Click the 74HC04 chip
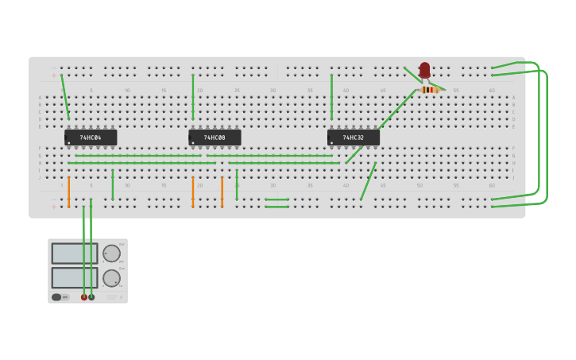pyautogui.click(x=91, y=137)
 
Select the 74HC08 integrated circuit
pyautogui.click(x=215, y=137)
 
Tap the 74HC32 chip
pyautogui.click(x=354, y=137)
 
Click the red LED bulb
pyautogui.click(x=425, y=70)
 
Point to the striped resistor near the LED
pyautogui.click(x=429, y=90)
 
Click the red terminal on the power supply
pyautogui.click(x=84, y=297)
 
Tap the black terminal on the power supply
pyautogui.click(x=91, y=297)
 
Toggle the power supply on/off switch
pyautogui.click(x=57, y=297)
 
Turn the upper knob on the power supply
pyautogui.click(x=111, y=254)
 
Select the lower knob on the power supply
pyautogui.click(x=111, y=278)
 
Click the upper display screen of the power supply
pyautogui.click(x=74, y=254)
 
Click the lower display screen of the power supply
pyautogui.click(x=74, y=277)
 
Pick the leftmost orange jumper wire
pyautogui.click(x=69, y=192)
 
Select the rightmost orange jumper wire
pyautogui.click(x=222, y=192)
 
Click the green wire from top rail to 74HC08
pyautogui.click(x=192, y=97)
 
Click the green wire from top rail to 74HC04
pyautogui.click(x=65, y=97)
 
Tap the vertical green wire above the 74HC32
pyautogui.click(x=331, y=97)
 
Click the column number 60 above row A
pyautogui.click(x=492, y=91)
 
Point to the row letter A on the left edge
pyautogui.click(x=40, y=98)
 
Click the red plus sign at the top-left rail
pyautogui.click(x=54, y=75)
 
